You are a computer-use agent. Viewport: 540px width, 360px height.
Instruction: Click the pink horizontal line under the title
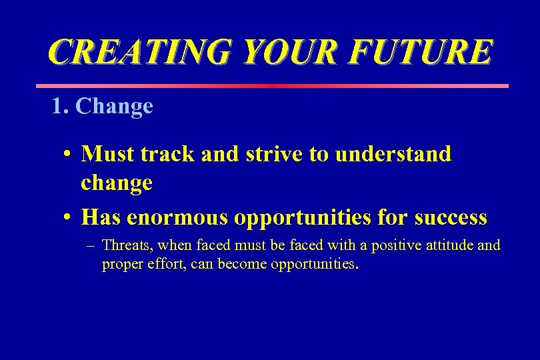(x=271, y=86)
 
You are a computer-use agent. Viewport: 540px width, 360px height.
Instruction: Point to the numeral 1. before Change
(x=61, y=106)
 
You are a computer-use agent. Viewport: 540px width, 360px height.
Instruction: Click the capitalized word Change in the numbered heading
(x=115, y=107)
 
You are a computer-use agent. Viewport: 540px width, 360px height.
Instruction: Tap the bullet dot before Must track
(x=69, y=155)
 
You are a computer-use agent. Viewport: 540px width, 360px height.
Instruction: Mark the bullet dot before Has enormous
(x=69, y=218)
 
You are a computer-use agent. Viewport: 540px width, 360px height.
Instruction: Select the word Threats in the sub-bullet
(x=127, y=245)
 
